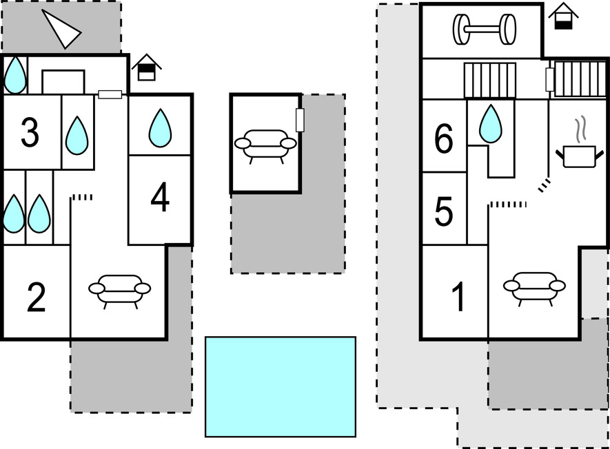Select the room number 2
[x=36, y=297]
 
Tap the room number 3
[x=30, y=134]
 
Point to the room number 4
[x=160, y=200]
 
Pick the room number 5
[x=444, y=212]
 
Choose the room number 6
[x=444, y=140]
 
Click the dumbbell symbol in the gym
[x=484, y=29]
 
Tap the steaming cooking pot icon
[x=578, y=147]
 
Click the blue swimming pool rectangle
[x=281, y=386]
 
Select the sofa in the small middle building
[x=265, y=145]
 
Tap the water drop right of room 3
[x=77, y=135]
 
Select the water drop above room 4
[x=160, y=127]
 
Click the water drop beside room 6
[x=490, y=123]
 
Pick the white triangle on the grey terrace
[x=62, y=29]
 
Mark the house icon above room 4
[x=146, y=67]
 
